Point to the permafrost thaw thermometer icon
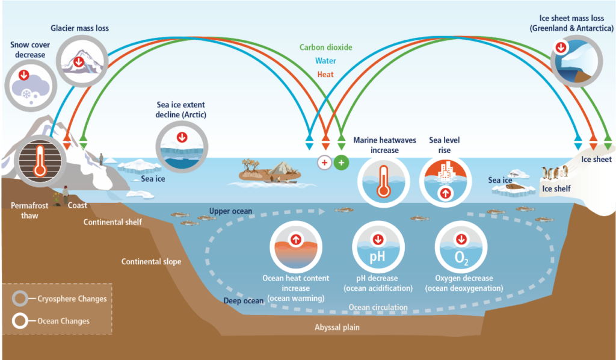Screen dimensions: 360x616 [x=40, y=158]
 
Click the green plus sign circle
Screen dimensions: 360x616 [x=341, y=162]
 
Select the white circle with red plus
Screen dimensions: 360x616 [x=325, y=162]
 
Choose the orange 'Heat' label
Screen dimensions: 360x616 [x=325, y=75]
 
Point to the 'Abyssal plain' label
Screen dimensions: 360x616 [x=337, y=327]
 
